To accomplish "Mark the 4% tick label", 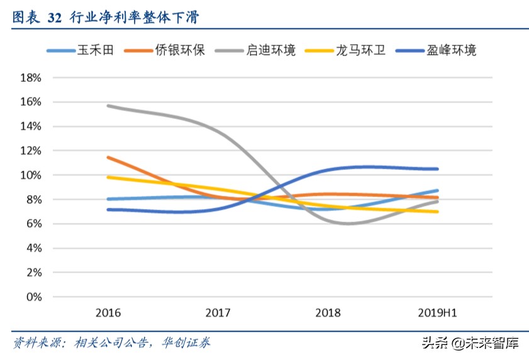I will tap(33, 248).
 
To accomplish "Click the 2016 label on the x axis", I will tap(108, 313).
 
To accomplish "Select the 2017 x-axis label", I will tap(218, 313).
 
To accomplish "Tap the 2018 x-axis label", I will tap(328, 313).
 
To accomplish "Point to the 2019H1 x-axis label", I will tap(437, 313).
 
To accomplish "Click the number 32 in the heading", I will tap(55, 18).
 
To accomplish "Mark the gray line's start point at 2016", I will tap(108, 106).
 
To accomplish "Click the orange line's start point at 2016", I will tap(108, 157).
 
